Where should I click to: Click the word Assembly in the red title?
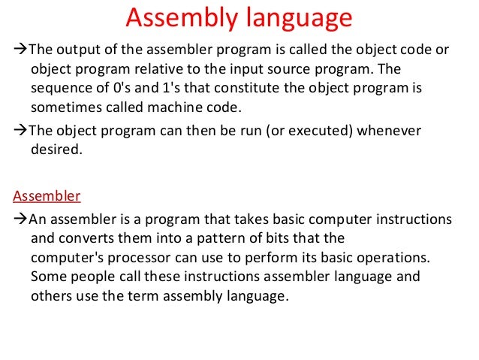[x=175, y=17]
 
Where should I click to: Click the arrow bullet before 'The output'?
[x=20, y=50]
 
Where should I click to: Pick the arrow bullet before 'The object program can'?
[x=20, y=129]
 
